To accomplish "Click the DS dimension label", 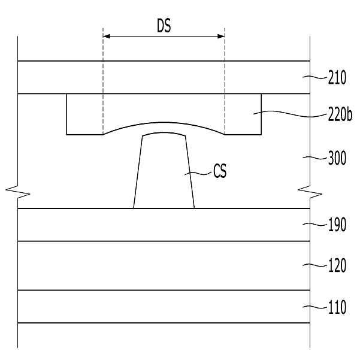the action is [x=164, y=26].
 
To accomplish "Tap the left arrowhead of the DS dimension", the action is [x=107, y=37].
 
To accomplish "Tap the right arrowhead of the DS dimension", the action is [x=221, y=37].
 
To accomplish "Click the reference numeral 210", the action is [x=337, y=78].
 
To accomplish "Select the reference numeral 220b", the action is [x=340, y=114].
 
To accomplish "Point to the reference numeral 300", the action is [x=337, y=158].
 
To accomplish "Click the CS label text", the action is [x=220, y=171].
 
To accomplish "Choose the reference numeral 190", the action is [x=337, y=225].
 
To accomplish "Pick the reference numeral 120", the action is [x=337, y=265].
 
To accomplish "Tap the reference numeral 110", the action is [x=337, y=307].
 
